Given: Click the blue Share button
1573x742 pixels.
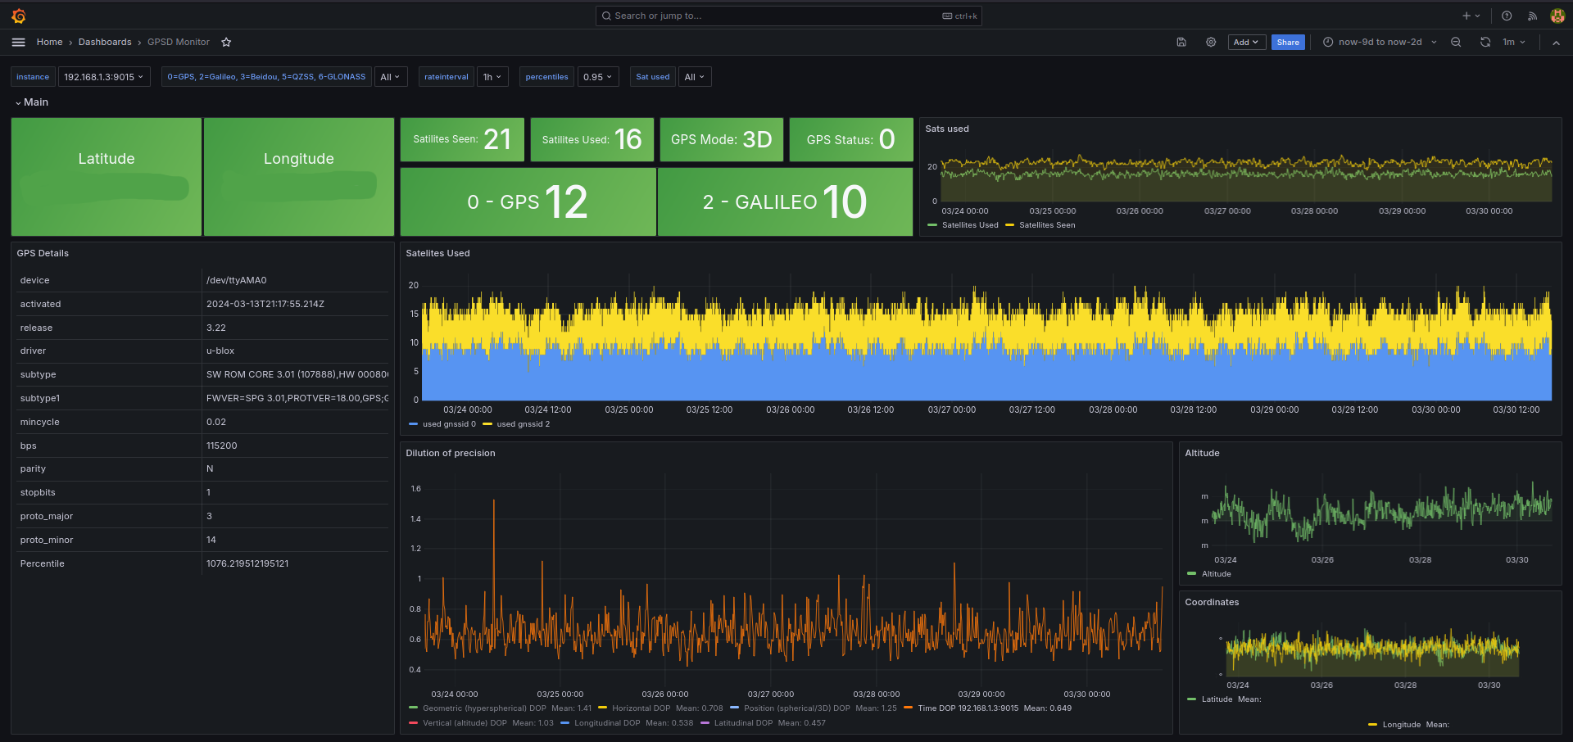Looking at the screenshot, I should [x=1287, y=43].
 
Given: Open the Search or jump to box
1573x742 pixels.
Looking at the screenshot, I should [x=786, y=16].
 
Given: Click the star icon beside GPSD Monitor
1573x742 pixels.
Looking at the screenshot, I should [x=226, y=43].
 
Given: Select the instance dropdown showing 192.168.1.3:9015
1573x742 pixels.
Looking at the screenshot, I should [x=103, y=77].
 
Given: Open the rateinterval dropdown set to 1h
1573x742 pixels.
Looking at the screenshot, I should [x=492, y=77].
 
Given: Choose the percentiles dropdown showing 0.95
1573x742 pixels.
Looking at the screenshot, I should [x=597, y=77].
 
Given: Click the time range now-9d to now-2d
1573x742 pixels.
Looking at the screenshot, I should [x=1380, y=43].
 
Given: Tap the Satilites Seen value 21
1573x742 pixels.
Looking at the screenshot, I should [x=496, y=139].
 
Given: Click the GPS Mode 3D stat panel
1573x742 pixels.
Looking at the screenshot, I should [x=721, y=139].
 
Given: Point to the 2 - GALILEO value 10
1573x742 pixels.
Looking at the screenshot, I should [x=844, y=202].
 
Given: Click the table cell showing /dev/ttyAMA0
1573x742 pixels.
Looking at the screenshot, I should [x=237, y=280].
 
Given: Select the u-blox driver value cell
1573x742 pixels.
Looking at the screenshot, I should [x=220, y=351].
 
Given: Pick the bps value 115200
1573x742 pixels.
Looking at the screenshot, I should [x=222, y=446].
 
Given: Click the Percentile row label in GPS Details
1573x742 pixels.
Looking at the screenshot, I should [x=43, y=563].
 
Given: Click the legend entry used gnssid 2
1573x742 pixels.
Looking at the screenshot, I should [x=523, y=424].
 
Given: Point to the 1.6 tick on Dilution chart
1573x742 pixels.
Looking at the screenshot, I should [x=415, y=489].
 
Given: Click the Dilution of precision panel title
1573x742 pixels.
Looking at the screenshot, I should [x=451, y=453].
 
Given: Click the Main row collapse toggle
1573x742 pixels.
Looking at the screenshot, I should [x=18, y=102].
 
